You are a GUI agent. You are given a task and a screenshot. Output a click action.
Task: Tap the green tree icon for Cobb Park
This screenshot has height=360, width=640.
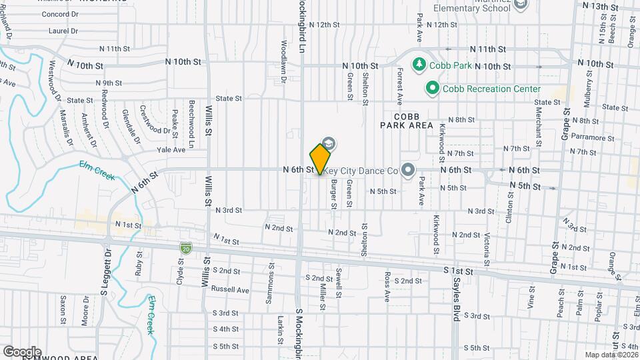(x=419, y=65)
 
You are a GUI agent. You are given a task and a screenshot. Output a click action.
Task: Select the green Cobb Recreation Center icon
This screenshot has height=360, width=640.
(x=432, y=88)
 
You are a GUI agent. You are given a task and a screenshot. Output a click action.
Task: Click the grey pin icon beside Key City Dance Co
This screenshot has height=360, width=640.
(x=408, y=170)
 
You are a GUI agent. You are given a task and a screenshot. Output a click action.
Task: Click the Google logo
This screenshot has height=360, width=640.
(x=22, y=351)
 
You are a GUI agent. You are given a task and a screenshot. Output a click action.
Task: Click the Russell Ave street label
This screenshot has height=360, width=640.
(x=230, y=290)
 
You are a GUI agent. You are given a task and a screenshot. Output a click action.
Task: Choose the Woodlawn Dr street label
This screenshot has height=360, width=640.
(x=284, y=61)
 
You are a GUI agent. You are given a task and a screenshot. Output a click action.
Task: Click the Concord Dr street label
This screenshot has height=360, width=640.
(x=60, y=14)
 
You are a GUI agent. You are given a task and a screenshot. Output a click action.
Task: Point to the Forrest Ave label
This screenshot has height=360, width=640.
(x=400, y=86)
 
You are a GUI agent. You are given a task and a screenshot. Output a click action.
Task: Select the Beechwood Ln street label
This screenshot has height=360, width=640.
(x=191, y=124)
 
